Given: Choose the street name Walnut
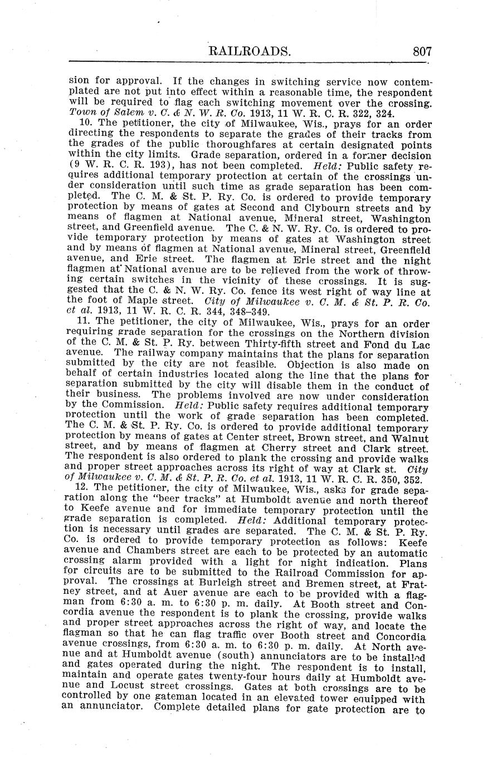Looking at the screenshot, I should (408, 439).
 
